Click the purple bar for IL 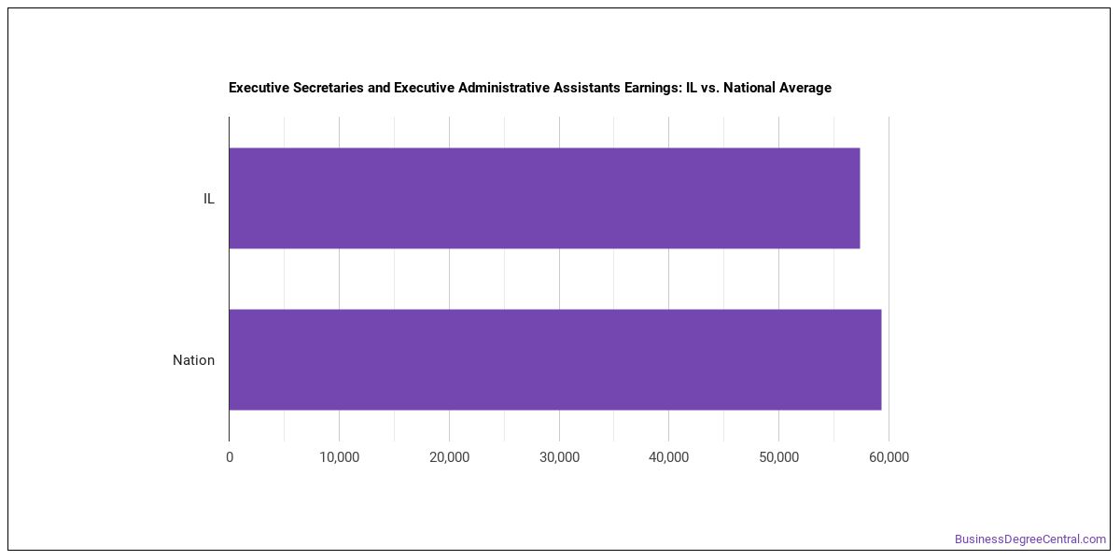(x=544, y=198)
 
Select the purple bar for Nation (x=555, y=360)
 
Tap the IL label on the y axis (x=208, y=199)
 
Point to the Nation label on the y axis (x=193, y=360)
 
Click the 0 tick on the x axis (x=230, y=457)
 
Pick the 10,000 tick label (x=340, y=457)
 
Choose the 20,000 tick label (x=450, y=457)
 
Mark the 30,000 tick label (x=559, y=457)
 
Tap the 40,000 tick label (x=669, y=457)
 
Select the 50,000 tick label (x=779, y=457)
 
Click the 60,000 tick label (x=889, y=457)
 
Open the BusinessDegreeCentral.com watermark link (x=1030, y=539)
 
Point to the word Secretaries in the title (x=328, y=88)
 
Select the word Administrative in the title (x=504, y=88)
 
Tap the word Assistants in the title (x=586, y=88)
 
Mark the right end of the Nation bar (x=881, y=360)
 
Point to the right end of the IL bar (x=860, y=198)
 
